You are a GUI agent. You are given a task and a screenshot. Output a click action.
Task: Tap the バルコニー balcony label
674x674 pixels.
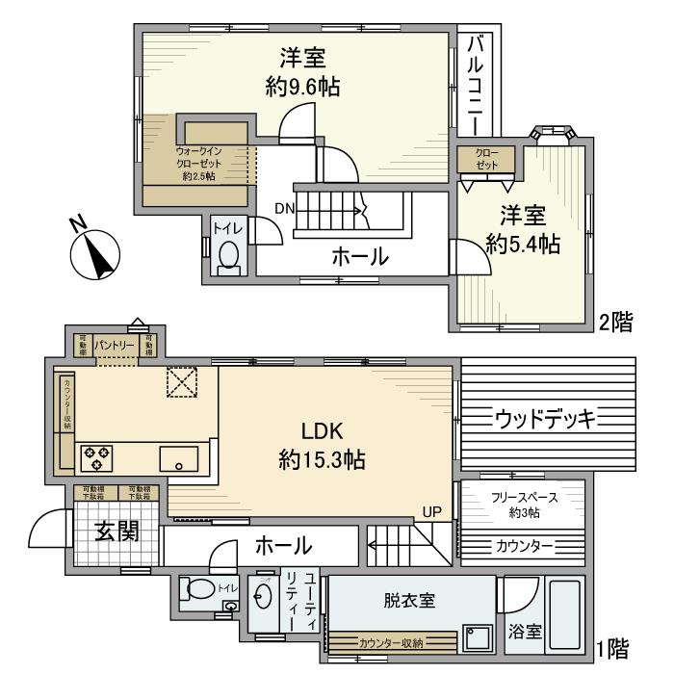(x=476, y=86)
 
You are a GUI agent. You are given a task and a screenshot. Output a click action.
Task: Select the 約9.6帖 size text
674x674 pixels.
(x=302, y=87)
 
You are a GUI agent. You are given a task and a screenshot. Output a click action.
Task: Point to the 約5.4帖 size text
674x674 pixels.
(x=523, y=244)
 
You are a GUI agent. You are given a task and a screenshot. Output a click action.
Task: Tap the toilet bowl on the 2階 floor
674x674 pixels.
(x=228, y=254)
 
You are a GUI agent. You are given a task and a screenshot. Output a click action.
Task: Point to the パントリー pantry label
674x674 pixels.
(x=115, y=344)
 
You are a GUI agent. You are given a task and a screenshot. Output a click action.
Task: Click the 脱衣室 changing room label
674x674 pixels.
(x=407, y=601)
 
